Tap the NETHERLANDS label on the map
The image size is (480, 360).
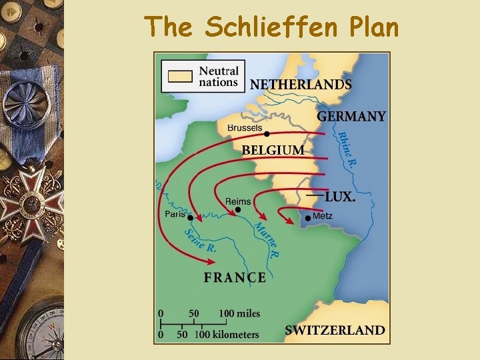click(x=301, y=85)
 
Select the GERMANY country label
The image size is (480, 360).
click(x=351, y=116)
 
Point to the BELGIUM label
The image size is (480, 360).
click(x=273, y=151)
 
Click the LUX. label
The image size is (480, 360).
click(x=340, y=197)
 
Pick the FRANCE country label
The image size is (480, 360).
click(x=235, y=277)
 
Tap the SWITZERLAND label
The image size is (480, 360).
click(x=335, y=330)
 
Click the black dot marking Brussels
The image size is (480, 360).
click(x=267, y=134)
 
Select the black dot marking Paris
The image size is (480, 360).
click(x=190, y=218)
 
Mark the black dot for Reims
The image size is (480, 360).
click(x=238, y=210)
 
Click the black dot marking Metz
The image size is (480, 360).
click(x=307, y=218)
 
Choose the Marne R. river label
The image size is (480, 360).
click(x=267, y=239)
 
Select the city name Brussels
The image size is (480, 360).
click(x=245, y=127)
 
